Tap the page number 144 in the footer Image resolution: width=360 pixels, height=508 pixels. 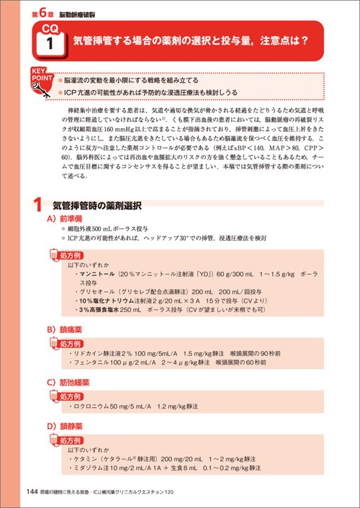(32, 492)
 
